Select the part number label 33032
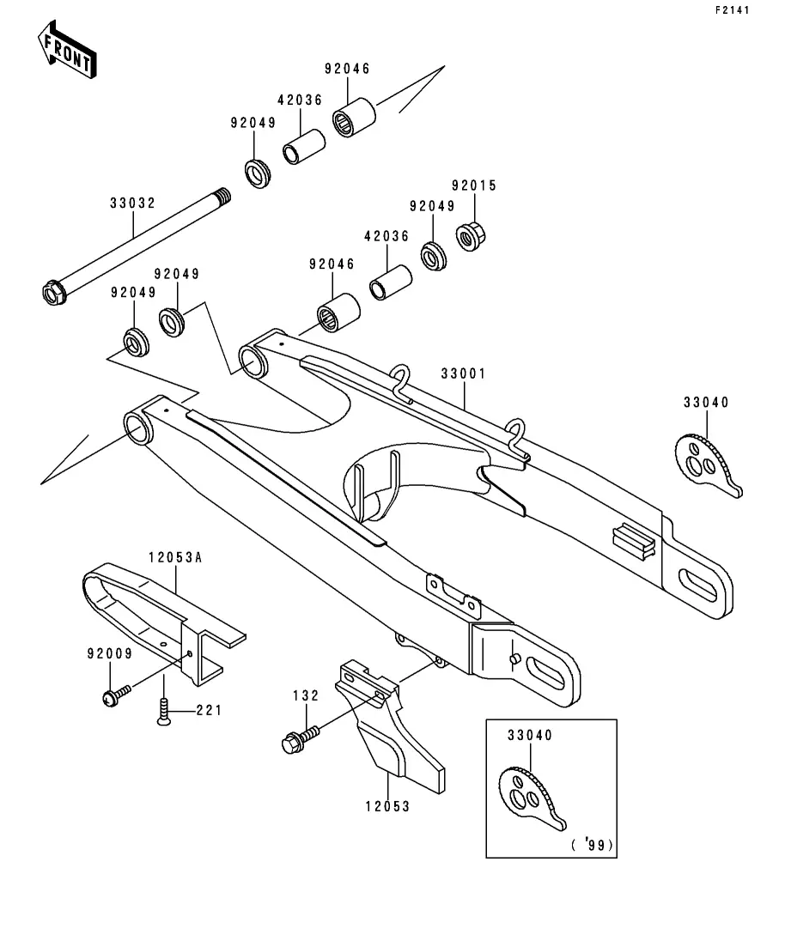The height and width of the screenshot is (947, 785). click(132, 203)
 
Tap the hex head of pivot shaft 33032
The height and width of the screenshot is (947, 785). click(54, 294)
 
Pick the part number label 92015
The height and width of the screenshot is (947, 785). click(474, 185)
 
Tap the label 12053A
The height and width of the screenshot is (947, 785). click(174, 557)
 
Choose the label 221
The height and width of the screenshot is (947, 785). click(210, 710)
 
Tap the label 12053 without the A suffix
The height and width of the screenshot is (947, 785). click(387, 806)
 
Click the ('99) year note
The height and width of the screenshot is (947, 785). click(593, 845)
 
